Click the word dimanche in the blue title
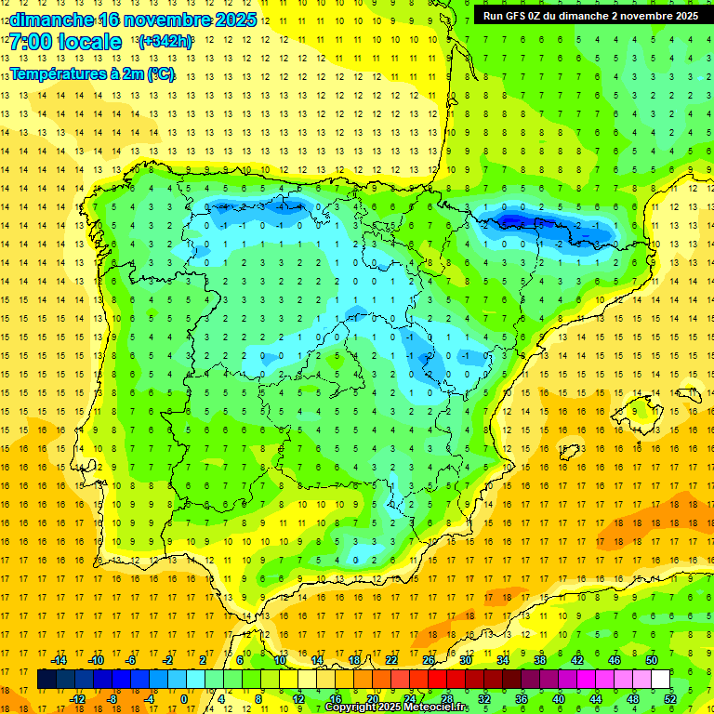coord(51,20)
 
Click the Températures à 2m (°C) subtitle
coord(91,74)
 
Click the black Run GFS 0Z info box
coord(591,16)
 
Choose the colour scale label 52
coord(670,698)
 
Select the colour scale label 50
coord(652,660)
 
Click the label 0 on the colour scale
coord(184,698)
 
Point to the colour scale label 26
coord(429,660)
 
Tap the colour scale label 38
coord(540,660)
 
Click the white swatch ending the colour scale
coord(661,680)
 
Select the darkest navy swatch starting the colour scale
coord(46,680)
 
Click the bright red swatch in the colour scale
coord(438,680)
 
